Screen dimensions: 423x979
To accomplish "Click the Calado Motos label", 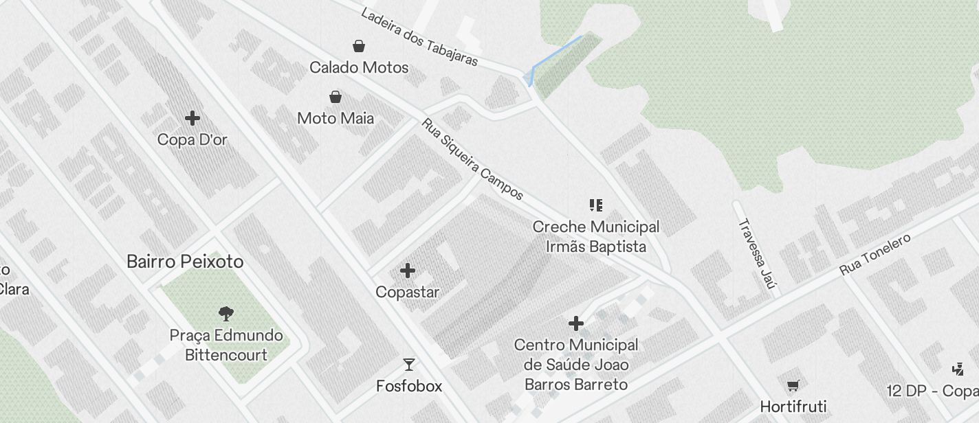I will point(359,67).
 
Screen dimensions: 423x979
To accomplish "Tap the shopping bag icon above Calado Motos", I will point(359,46).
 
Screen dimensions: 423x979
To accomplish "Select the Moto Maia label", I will point(335,118).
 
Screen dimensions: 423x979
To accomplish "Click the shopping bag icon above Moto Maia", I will point(335,97).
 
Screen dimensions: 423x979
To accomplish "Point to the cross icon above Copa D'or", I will point(192,118).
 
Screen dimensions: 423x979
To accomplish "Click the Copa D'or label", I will point(192,139).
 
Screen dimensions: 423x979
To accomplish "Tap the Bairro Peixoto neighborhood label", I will point(185,262).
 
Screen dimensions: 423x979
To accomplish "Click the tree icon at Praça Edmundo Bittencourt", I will point(225,314).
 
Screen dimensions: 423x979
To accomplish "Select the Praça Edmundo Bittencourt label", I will point(226,345).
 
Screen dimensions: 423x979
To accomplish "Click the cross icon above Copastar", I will point(408,271).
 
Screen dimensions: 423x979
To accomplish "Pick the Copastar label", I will point(408,292).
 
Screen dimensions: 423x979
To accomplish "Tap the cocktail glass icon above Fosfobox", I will point(409,365).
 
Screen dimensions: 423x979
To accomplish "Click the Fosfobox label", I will point(409,386).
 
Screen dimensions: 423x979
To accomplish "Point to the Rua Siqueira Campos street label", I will point(473,159).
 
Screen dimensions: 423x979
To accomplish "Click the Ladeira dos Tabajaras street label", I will point(419,37).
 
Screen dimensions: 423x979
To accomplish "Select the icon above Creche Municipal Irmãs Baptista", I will point(596,205).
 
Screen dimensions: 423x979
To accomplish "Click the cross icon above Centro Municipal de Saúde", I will point(576,323).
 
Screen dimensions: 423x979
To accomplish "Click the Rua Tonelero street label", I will point(875,255).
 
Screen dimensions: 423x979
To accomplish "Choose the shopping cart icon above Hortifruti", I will point(793,385).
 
